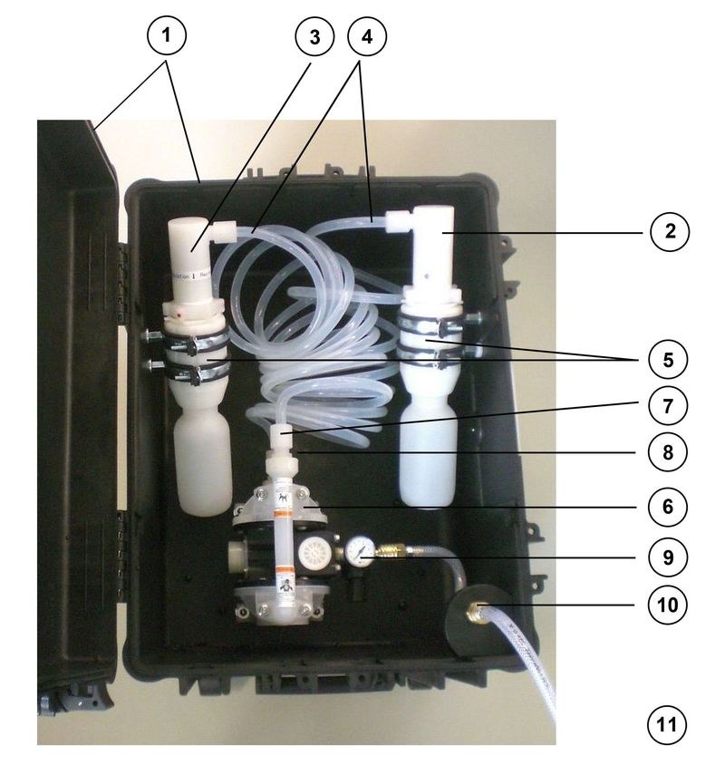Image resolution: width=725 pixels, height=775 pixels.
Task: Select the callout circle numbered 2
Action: [x=669, y=232]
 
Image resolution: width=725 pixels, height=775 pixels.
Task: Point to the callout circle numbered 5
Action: [x=669, y=359]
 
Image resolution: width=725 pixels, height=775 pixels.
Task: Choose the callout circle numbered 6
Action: [x=669, y=506]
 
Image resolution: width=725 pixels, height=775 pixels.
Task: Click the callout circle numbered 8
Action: [x=669, y=451]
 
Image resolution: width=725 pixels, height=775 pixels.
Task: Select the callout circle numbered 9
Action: [x=669, y=555]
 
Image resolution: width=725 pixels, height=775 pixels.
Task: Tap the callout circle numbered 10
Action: [x=669, y=604]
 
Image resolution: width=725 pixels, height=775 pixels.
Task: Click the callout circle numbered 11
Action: [x=669, y=724]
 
